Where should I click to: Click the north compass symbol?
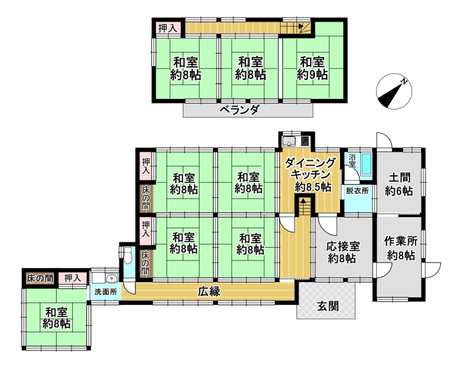[394, 91]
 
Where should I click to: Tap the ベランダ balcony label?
[240, 110]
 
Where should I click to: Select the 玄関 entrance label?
[328, 306]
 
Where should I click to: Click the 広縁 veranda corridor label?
[209, 292]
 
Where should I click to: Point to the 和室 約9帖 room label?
[312, 68]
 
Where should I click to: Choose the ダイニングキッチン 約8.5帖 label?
[311, 175]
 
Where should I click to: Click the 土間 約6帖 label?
[399, 184]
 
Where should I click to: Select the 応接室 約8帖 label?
[343, 252]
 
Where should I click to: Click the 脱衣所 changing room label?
[357, 190]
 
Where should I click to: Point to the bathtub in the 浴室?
[366, 164]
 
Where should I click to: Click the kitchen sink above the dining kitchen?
[289, 141]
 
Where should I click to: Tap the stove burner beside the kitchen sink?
[305, 141]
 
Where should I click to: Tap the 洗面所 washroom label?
[106, 292]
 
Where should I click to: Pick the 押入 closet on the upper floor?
[168, 28]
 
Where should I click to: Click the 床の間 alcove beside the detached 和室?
[40, 278]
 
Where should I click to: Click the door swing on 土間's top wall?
[384, 141]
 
